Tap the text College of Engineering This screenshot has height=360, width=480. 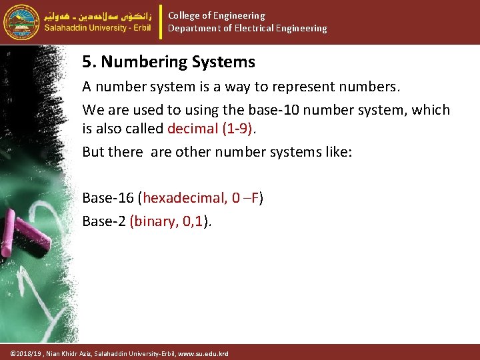216,15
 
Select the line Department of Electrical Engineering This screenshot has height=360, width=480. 247,29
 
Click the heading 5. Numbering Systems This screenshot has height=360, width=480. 169,63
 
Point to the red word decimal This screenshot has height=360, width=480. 194,128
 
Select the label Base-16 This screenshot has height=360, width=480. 107,198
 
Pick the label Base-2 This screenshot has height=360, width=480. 103,221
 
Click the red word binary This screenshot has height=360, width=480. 152,221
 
